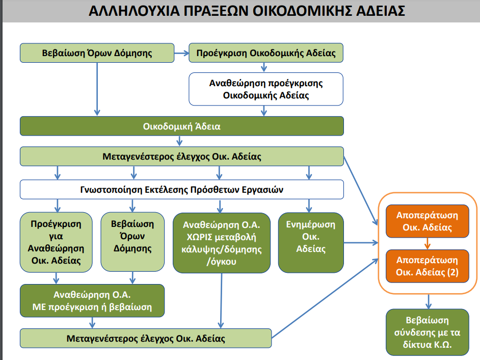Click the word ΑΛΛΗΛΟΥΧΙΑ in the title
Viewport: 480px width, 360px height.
tap(134, 11)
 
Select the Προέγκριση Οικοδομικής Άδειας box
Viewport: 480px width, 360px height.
tap(266, 53)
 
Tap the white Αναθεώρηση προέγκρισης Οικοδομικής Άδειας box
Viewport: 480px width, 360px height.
tap(266, 89)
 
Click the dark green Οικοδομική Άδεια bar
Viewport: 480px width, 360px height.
tap(182, 126)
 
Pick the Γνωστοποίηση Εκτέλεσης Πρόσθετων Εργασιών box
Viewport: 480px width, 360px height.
tap(182, 190)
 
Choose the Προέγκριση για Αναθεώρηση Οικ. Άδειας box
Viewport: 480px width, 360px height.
tap(56, 242)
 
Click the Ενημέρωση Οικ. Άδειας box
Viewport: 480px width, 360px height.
tap(311, 243)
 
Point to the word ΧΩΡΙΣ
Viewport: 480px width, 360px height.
tap(199, 237)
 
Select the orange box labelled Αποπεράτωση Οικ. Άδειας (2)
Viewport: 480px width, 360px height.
tap(428, 266)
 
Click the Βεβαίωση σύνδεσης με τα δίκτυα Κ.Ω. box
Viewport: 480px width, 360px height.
tap(428, 332)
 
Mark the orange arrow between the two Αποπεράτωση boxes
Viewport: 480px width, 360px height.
tap(428, 244)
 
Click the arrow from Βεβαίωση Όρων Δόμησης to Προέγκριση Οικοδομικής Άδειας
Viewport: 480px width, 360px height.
tap(181, 53)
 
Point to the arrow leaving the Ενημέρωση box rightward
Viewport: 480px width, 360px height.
tap(361, 243)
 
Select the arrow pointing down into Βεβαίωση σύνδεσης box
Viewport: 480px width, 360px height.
tap(428, 302)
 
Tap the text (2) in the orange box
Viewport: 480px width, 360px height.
tap(453, 272)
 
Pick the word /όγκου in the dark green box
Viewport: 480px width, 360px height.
tap(222, 262)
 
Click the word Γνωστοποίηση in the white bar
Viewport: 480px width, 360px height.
tap(111, 190)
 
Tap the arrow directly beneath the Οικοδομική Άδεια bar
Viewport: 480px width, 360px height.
tap(179, 141)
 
